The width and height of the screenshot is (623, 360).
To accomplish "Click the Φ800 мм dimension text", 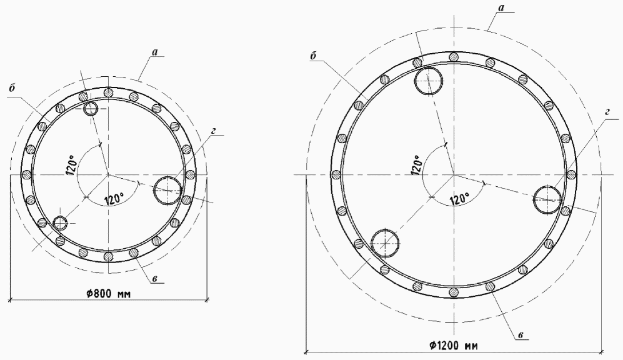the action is [109, 294].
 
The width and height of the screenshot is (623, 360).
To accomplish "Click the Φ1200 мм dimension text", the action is [453, 345].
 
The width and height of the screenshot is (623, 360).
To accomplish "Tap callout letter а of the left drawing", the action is [155, 52].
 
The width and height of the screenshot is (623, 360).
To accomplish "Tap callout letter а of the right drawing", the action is [501, 7].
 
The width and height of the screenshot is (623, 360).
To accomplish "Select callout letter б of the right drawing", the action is [313, 56].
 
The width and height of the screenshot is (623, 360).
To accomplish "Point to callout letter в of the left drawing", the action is [155, 279].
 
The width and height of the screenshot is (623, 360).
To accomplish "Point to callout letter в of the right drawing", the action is [522, 336].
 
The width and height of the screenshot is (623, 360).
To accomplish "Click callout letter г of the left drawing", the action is [213, 131].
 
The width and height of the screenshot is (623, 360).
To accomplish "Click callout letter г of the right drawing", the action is [607, 112].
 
